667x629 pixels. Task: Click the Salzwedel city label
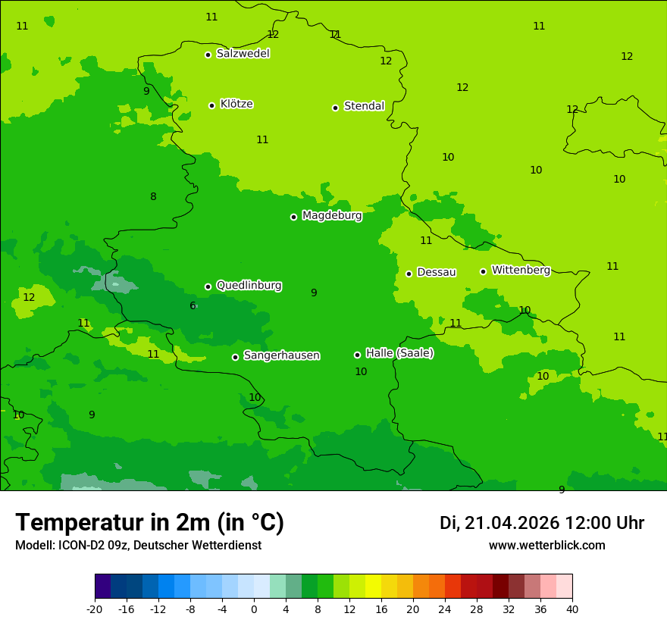(243, 54)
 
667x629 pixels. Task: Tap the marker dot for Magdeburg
(293, 217)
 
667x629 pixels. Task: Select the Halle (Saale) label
(399, 353)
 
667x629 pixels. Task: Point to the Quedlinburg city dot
(208, 286)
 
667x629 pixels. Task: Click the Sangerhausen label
(281, 355)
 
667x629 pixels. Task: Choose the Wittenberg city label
(521, 270)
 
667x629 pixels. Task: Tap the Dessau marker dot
(409, 274)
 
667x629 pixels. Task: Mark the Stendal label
(364, 106)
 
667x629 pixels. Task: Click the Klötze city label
(236, 104)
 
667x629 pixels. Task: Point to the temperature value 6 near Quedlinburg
(193, 305)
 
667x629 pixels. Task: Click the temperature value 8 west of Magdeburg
(153, 197)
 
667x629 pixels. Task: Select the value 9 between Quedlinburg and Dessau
(314, 293)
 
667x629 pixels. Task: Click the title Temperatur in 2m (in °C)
(149, 522)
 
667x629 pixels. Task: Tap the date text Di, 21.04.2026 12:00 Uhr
(542, 523)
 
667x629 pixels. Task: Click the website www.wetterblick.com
(546, 546)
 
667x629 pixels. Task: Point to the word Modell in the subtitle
(33, 546)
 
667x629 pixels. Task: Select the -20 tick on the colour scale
(95, 609)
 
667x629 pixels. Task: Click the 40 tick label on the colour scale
(572, 609)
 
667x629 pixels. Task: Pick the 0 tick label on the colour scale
(254, 609)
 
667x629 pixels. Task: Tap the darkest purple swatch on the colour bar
(102, 587)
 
